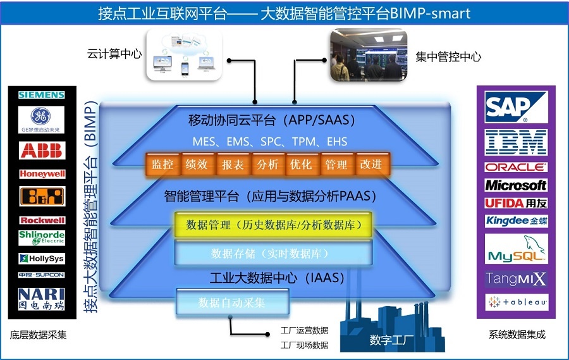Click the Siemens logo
(x=42, y=95)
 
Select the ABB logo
(x=42, y=151)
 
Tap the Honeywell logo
(x=42, y=174)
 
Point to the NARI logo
(x=42, y=298)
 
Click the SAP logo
(x=515, y=108)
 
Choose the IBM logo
(x=515, y=143)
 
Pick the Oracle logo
(x=515, y=168)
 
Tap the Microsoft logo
(x=515, y=185)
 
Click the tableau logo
(x=515, y=302)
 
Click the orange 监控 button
(x=162, y=164)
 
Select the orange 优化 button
(x=300, y=164)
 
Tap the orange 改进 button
(x=370, y=164)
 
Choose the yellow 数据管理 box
(x=272, y=225)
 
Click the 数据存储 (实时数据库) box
(x=272, y=254)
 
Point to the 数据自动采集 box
(x=232, y=302)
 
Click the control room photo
(x=367, y=56)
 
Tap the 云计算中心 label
(x=114, y=54)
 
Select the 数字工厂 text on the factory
(x=392, y=340)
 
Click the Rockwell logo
(x=42, y=220)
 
